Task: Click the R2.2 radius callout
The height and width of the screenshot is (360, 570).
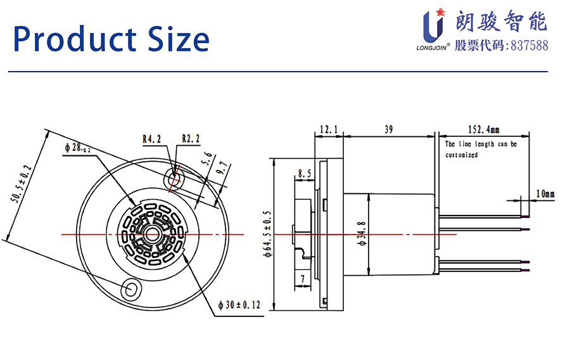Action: point(191,138)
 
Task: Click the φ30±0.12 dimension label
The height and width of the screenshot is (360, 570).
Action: point(239,305)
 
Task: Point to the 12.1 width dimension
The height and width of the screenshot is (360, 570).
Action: point(329,129)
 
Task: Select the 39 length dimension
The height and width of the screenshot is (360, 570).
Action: point(389,129)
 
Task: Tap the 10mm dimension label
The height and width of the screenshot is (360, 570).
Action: point(545,193)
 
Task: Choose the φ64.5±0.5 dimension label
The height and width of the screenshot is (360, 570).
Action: point(269,235)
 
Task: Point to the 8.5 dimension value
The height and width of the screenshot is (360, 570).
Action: point(304,172)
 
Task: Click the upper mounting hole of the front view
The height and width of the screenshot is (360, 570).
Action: point(174,179)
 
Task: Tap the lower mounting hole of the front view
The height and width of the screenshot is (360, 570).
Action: point(134,288)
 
